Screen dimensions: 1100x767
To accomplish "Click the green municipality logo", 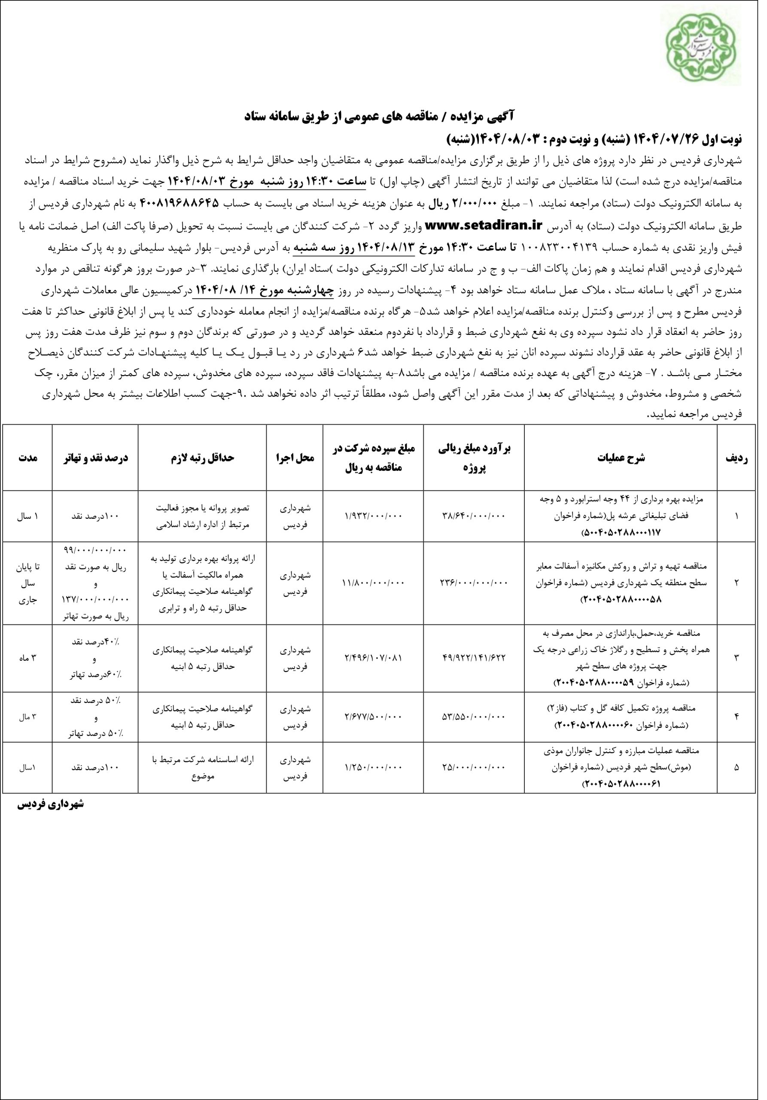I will click(x=709, y=49).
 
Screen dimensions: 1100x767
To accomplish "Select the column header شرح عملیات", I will click(x=621, y=458).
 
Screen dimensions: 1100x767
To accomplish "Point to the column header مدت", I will click(x=28, y=458).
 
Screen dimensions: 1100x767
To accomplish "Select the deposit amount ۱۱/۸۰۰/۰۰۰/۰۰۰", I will click(x=374, y=583).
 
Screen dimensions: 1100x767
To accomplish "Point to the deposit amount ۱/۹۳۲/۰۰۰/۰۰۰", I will click(x=374, y=516).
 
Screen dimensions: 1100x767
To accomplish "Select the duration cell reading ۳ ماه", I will click(x=28, y=658).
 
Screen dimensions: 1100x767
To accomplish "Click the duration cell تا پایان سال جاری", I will click(x=28, y=583).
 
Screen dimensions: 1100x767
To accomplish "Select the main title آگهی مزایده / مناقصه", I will click(x=383, y=116).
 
